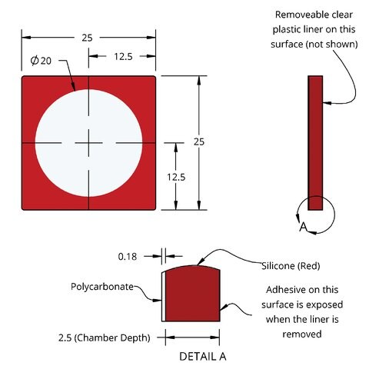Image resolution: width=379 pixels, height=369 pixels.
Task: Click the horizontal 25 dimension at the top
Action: pyautogui.click(x=87, y=38)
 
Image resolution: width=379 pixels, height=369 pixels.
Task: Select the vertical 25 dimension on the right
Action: pyautogui.click(x=199, y=142)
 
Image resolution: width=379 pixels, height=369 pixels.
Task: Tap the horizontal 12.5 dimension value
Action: pyautogui.click(x=123, y=57)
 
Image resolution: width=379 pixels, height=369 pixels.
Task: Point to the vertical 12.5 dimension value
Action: pyautogui.click(x=176, y=177)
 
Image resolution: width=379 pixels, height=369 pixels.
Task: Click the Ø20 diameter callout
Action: pyautogui.click(x=41, y=61)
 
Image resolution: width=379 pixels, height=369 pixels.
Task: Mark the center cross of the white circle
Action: pyautogui.click(x=88, y=143)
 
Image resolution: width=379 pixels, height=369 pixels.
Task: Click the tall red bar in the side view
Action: pyautogui.click(x=315, y=143)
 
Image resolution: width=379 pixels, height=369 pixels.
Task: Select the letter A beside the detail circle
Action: pyautogui.click(x=303, y=227)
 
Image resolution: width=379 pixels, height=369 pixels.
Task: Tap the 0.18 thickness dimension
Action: pyautogui.click(x=128, y=257)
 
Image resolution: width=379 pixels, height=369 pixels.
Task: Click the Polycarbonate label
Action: pyautogui.click(x=102, y=287)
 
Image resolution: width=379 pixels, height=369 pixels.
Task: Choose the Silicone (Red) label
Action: pyautogui.click(x=291, y=266)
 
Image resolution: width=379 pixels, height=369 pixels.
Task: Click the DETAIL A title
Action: pyautogui.click(x=203, y=357)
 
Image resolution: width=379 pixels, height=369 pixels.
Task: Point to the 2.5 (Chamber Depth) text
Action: pyautogui.click(x=104, y=337)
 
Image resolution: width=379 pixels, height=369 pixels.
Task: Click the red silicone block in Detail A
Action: pyautogui.click(x=193, y=294)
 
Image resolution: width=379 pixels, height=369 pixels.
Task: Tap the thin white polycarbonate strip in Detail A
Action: pyautogui.click(x=164, y=297)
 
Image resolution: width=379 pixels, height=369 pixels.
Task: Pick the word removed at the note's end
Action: pyautogui.click(x=302, y=334)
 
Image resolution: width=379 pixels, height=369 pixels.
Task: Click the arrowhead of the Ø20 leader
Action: pyautogui.click(x=73, y=87)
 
